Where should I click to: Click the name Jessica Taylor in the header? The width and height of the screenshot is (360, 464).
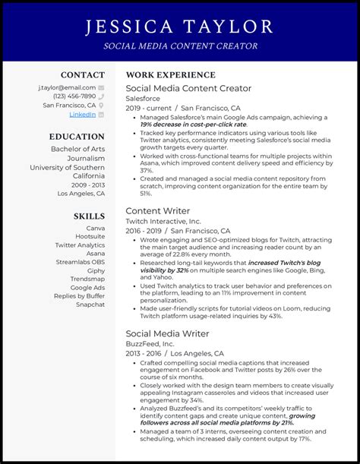179,27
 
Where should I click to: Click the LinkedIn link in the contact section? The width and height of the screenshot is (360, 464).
82,115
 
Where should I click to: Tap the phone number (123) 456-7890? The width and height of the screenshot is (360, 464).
74,96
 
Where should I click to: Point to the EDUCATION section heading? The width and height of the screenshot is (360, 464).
77,137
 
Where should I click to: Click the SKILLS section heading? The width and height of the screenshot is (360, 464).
89,216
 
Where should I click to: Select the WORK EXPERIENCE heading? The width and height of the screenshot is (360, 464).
159,75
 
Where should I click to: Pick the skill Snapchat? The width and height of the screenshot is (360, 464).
90,305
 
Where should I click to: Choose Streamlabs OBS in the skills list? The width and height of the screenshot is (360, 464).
81,262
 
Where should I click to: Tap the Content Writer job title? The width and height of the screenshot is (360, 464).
157,210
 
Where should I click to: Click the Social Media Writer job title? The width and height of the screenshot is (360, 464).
168,333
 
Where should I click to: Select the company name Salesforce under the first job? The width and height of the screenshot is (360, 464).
144,99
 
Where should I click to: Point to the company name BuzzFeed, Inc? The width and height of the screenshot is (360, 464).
150,343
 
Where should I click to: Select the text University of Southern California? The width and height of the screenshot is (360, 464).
68,172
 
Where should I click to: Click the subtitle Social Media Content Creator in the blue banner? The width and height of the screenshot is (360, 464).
179,46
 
